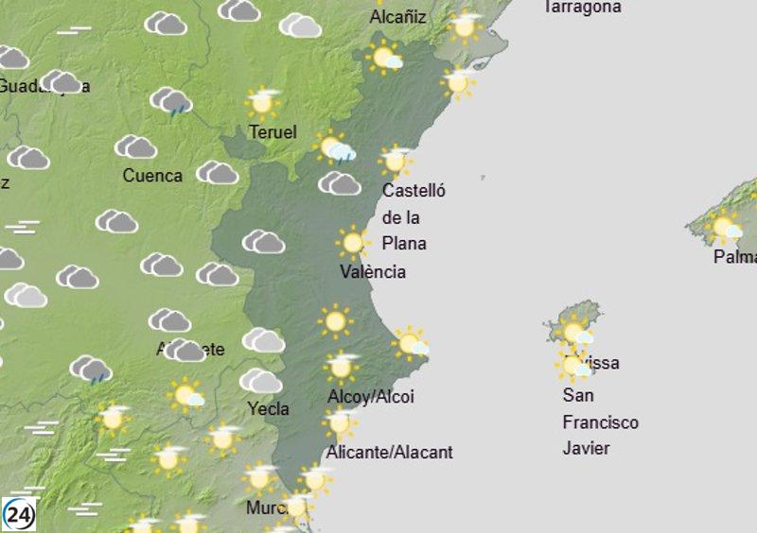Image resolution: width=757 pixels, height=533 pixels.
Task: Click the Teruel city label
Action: pos(273,132)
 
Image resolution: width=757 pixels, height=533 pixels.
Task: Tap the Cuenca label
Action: pos(152,176)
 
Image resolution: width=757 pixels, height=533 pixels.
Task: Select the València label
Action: pos(373,272)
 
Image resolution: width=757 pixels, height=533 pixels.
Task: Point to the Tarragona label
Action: pos(582,8)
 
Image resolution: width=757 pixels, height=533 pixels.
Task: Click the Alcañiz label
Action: pos(397,18)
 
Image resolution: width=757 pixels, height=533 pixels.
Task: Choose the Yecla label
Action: pos(268,409)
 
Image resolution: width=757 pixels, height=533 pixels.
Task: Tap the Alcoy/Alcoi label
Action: pos(371,397)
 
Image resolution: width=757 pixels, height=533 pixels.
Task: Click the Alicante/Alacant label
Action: pos(389,453)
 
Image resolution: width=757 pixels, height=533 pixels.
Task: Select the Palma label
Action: pos(735,256)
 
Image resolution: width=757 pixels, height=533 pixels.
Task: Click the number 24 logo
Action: pos(20,514)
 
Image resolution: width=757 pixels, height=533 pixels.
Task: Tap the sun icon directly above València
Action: pos(352,243)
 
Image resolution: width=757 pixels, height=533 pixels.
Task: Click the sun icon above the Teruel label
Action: pos(263,101)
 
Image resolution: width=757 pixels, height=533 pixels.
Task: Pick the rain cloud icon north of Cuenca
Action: pos(171,101)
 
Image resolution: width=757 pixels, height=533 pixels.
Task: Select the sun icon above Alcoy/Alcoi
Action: pos(342,366)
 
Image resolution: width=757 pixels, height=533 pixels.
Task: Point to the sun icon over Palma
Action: pos(725,227)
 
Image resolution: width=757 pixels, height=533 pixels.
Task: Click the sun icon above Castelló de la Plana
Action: pos(396,160)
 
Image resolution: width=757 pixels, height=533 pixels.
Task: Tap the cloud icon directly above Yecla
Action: pos(260,381)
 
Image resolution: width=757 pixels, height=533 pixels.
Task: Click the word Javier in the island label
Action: pos(586,448)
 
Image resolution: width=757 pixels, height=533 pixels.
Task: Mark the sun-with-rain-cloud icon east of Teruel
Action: pos(335,148)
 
